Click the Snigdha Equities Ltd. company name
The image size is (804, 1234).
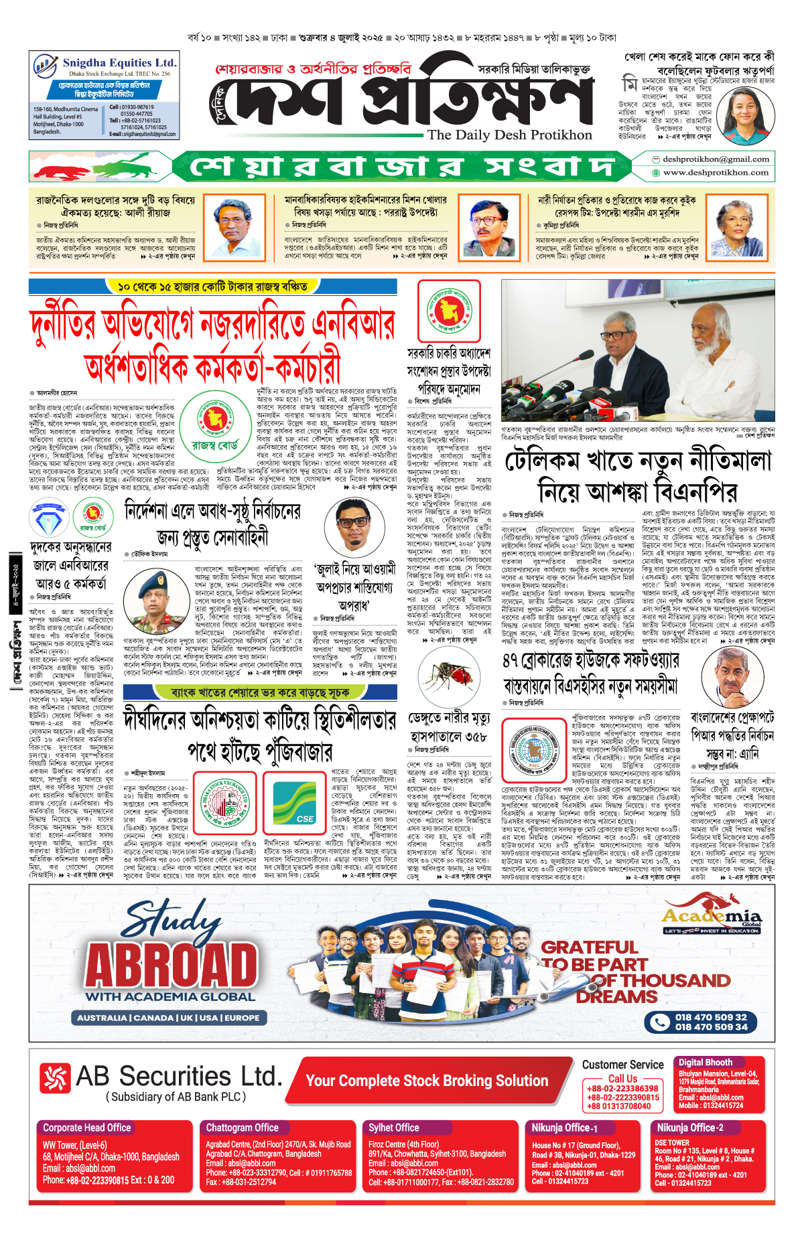[x=119, y=63]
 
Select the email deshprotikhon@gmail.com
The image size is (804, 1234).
[x=716, y=159]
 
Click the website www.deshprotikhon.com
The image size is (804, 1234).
[x=716, y=173]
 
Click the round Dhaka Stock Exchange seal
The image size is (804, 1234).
[x=225, y=804]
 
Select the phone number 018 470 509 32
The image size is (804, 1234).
[x=710, y=1017]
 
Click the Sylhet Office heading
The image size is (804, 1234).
[x=394, y=1128]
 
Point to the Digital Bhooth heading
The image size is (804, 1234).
[x=705, y=1062]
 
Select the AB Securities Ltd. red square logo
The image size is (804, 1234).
[x=55, y=1077]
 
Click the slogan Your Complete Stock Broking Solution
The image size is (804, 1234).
[x=427, y=1081]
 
